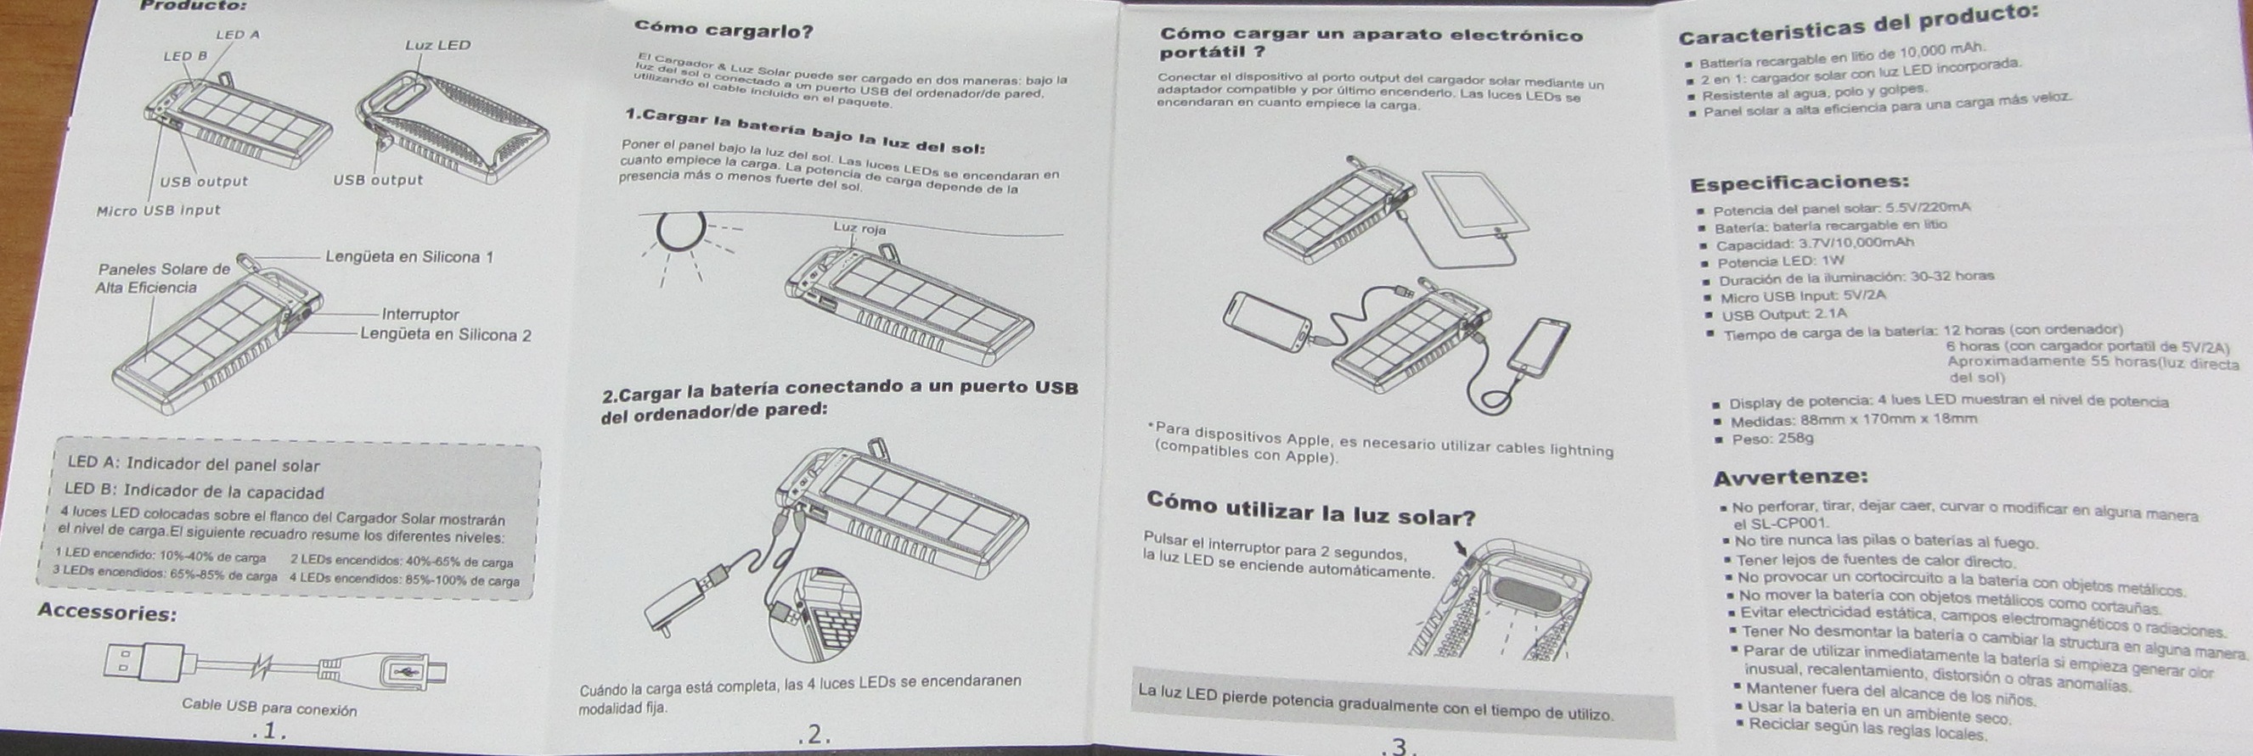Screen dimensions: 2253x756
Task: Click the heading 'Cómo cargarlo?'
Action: tap(724, 31)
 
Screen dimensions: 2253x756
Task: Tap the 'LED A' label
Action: tap(238, 35)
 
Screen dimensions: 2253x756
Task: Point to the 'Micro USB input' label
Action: tap(158, 210)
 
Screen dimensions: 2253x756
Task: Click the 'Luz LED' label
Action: tap(437, 46)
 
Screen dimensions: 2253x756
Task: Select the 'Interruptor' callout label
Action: tap(420, 315)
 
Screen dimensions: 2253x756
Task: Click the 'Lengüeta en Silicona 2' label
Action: tap(446, 335)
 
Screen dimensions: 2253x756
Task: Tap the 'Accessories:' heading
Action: tap(108, 613)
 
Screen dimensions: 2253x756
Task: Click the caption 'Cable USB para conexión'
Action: tap(269, 708)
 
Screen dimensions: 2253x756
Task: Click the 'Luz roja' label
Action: tap(859, 229)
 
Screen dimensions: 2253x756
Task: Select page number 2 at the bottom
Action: tap(814, 735)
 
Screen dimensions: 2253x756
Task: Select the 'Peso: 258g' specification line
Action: tap(1773, 438)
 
